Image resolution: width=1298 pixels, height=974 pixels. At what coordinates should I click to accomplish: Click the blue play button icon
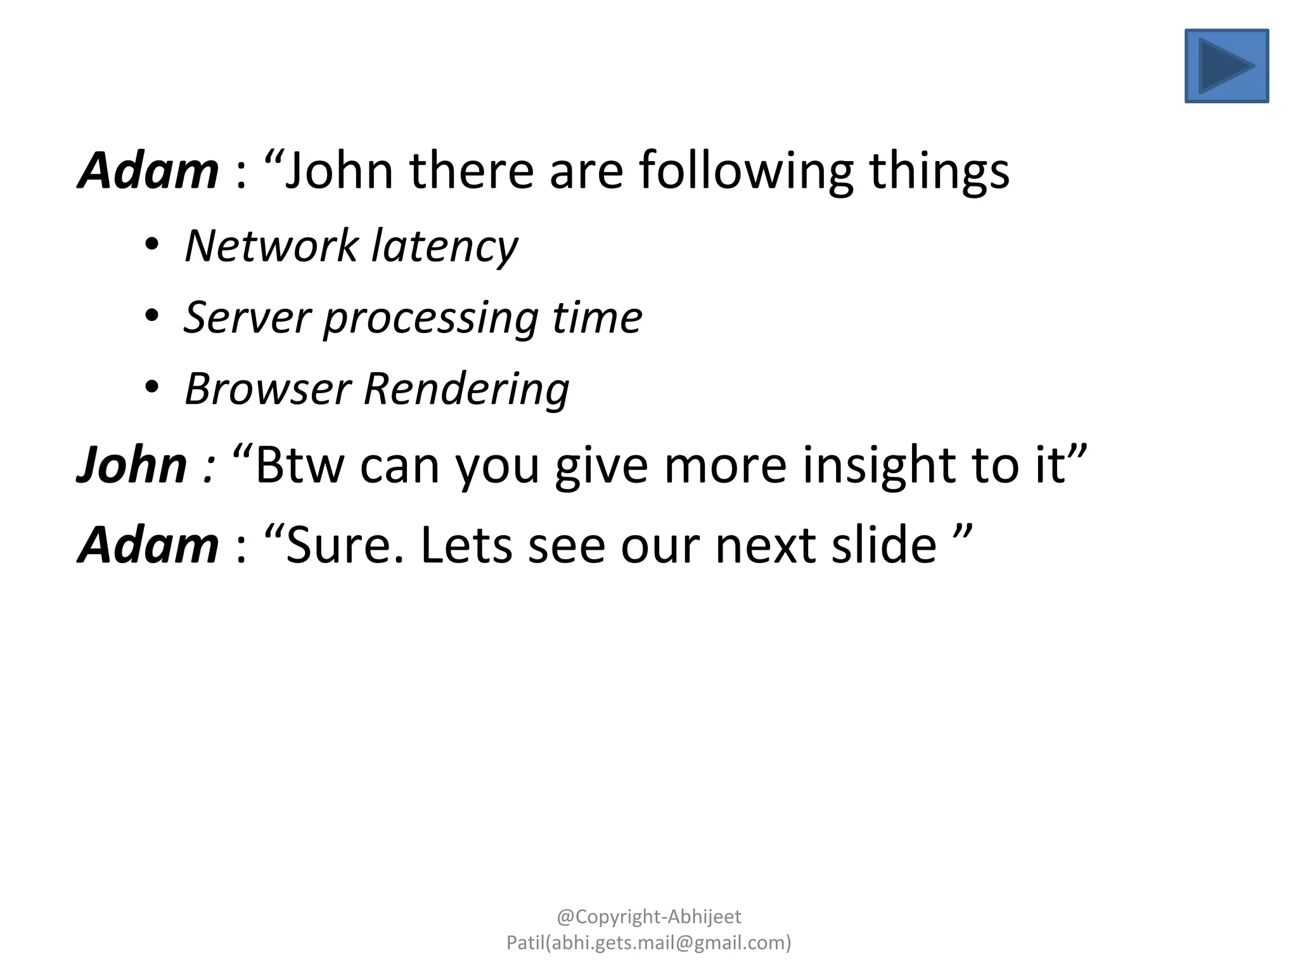pos(1226,66)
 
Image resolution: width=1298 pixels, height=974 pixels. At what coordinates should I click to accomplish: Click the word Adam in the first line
pos(148,171)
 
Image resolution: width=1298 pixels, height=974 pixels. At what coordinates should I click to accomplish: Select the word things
pos(939,171)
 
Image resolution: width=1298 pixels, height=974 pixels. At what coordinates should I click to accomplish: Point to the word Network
pos(271,246)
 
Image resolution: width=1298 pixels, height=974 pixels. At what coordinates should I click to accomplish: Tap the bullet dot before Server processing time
pos(151,315)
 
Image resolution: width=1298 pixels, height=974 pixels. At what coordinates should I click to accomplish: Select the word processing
pos(431,317)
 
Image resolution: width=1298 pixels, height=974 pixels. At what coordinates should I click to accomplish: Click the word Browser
pos(267,389)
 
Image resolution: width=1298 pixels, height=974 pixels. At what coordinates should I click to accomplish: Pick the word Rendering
pos(466,389)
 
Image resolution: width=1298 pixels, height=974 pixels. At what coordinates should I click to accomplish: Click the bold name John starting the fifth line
pos(132,465)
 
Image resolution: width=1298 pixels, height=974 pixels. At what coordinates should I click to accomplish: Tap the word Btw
pos(300,465)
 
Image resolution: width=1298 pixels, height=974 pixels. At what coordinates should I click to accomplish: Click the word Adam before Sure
pos(148,545)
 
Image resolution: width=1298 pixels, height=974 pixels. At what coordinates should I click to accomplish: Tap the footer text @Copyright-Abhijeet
pos(649,917)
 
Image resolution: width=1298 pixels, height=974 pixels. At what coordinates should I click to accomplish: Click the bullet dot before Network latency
pos(151,244)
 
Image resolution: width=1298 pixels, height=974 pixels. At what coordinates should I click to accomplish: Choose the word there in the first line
pos(472,171)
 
